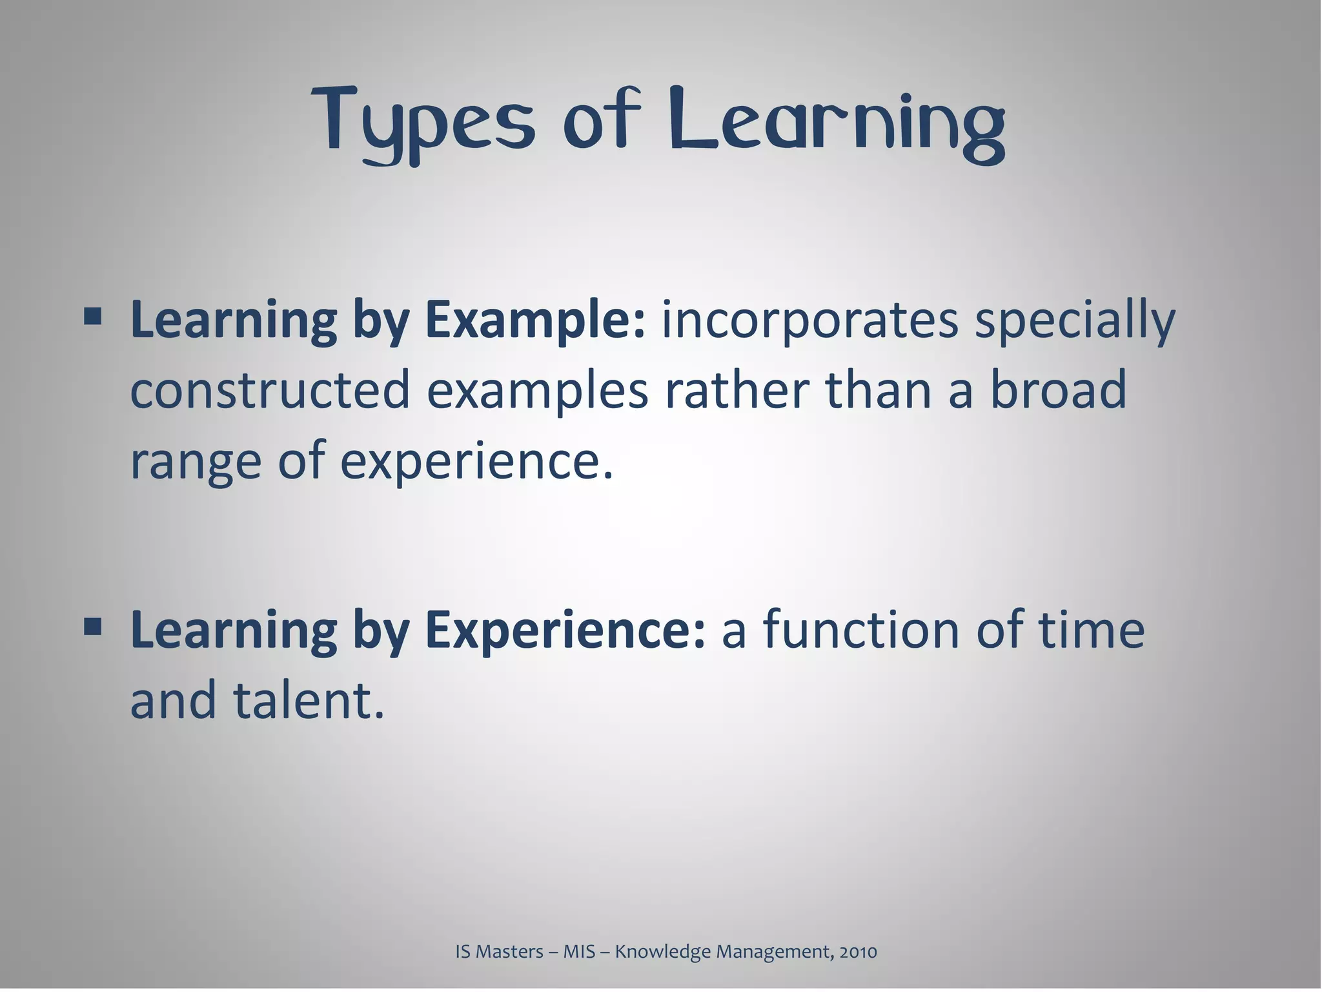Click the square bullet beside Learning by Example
point(92,316)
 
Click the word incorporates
point(810,321)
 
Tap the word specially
point(1075,321)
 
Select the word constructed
point(270,390)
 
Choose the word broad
point(1058,390)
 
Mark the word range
point(196,462)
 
